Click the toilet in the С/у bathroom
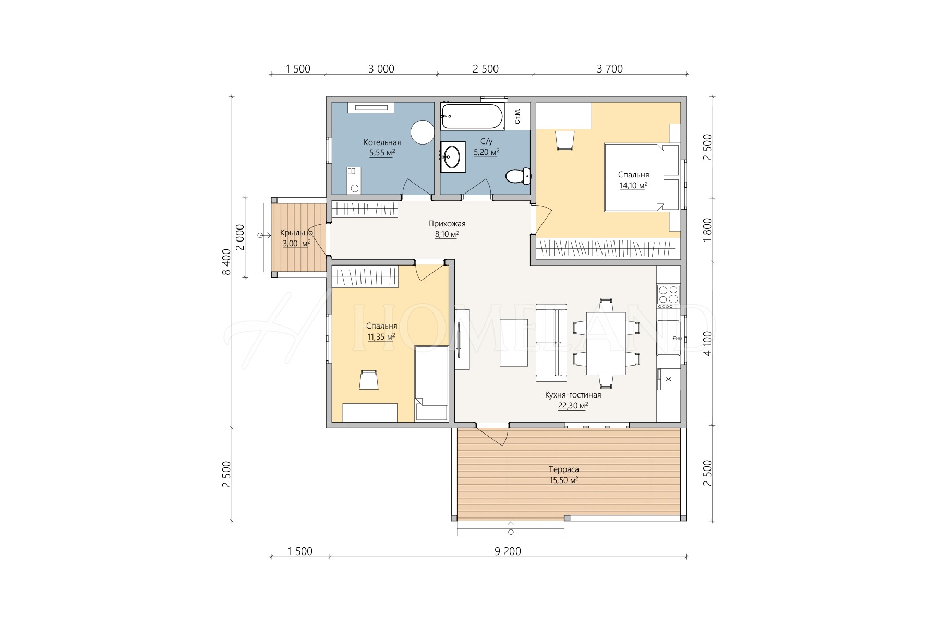[x=518, y=176]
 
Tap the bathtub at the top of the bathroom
[x=472, y=116]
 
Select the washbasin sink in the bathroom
[x=452, y=155]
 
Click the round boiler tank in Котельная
[x=422, y=132]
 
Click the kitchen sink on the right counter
[x=669, y=338]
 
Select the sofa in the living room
[x=551, y=343]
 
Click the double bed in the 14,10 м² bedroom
[x=642, y=177]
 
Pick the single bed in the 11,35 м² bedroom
[x=431, y=383]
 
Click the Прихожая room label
[x=447, y=224]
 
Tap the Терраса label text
[x=564, y=469]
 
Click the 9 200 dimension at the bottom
[x=508, y=551]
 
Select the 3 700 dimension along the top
[x=610, y=69]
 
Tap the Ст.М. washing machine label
[x=517, y=116]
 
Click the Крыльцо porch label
[x=296, y=233]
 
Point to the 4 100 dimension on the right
[x=707, y=345]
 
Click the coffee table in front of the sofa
[x=514, y=343]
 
